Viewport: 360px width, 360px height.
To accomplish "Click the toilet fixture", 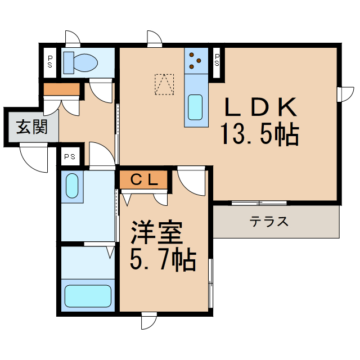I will (78, 62).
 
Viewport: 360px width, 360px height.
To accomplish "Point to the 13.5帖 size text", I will (259, 135).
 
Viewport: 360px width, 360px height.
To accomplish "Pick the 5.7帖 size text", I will (163, 260).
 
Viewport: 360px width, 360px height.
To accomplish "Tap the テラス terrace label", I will (269, 221).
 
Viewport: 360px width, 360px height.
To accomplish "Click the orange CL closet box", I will (143, 179).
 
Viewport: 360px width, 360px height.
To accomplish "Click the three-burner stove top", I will (195, 60).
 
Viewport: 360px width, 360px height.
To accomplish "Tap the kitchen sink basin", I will (195, 107).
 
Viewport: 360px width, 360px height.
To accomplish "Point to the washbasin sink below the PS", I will (71, 185).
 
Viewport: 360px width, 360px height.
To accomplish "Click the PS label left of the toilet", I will (50, 61).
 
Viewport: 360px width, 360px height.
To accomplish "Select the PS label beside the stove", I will (218, 58).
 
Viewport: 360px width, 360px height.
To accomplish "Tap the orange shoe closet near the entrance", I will (61, 89).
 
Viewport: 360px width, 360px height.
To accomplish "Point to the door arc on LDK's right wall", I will (345, 93).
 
